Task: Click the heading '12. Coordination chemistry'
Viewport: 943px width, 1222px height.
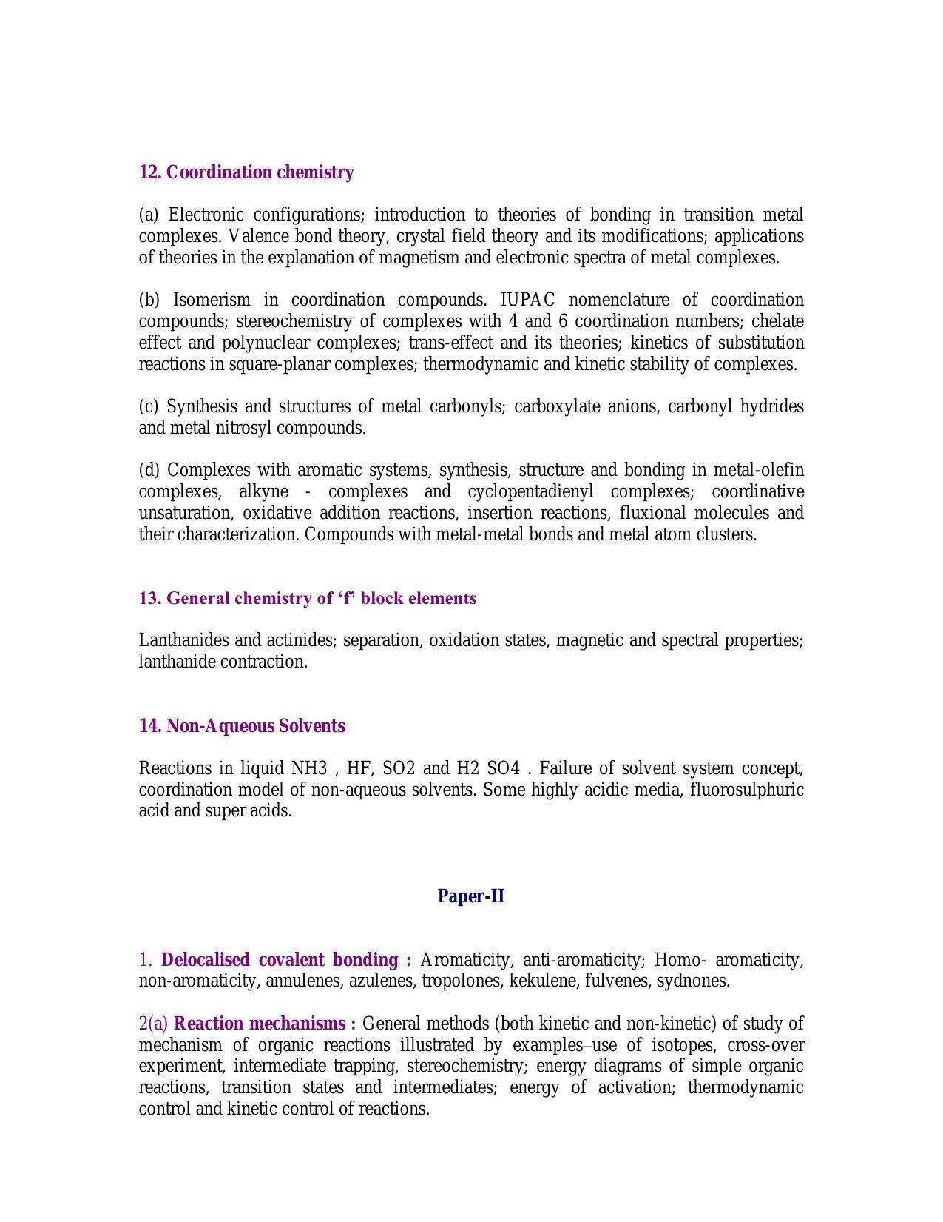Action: point(246,172)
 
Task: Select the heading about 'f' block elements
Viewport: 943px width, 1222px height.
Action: point(308,598)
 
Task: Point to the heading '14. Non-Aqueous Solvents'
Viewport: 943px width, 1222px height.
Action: point(242,726)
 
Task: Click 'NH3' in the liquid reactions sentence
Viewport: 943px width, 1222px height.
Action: point(308,768)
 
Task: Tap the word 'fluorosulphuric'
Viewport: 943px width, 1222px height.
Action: point(746,790)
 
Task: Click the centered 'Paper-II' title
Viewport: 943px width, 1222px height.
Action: point(471,896)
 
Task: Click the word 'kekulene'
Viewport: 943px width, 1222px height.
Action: point(551,981)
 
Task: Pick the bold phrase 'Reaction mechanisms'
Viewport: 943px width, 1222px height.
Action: point(260,1024)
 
